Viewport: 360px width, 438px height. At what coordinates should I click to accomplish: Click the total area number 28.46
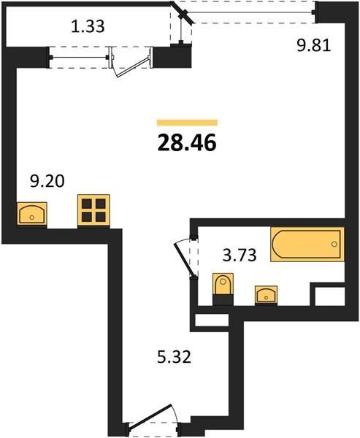pyautogui.click(x=187, y=142)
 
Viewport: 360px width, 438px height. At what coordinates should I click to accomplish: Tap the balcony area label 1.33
pyautogui.click(x=88, y=26)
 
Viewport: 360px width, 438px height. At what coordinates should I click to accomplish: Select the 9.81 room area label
pyautogui.click(x=313, y=45)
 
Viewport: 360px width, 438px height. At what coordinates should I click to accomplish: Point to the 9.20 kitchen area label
pyautogui.click(x=47, y=181)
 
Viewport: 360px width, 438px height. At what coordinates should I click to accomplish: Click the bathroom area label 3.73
pyautogui.click(x=240, y=255)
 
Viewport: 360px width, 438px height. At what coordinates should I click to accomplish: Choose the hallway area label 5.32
pyautogui.click(x=174, y=357)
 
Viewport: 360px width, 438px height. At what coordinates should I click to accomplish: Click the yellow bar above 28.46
pyautogui.click(x=187, y=123)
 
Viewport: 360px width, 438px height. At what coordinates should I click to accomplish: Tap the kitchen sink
pyautogui.click(x=32, y=214)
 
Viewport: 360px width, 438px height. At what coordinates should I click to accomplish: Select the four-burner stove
pyautogui.click(x=93, y=211)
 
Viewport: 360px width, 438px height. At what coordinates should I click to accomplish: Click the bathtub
pyautogui.click(x=307, y=245)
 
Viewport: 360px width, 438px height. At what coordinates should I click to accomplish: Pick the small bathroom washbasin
pyautogui.click(x=266, y=295)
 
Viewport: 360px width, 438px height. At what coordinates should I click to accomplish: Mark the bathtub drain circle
pyautogui.click(x=334, y=244)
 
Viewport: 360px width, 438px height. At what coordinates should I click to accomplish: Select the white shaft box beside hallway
pyautogui.click(x=212, y=320)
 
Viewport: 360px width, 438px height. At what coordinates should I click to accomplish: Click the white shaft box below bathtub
pyautogui.click(x=330, y=296)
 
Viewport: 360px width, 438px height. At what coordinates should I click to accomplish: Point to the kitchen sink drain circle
pyautogui.click(x=32, y=217)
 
